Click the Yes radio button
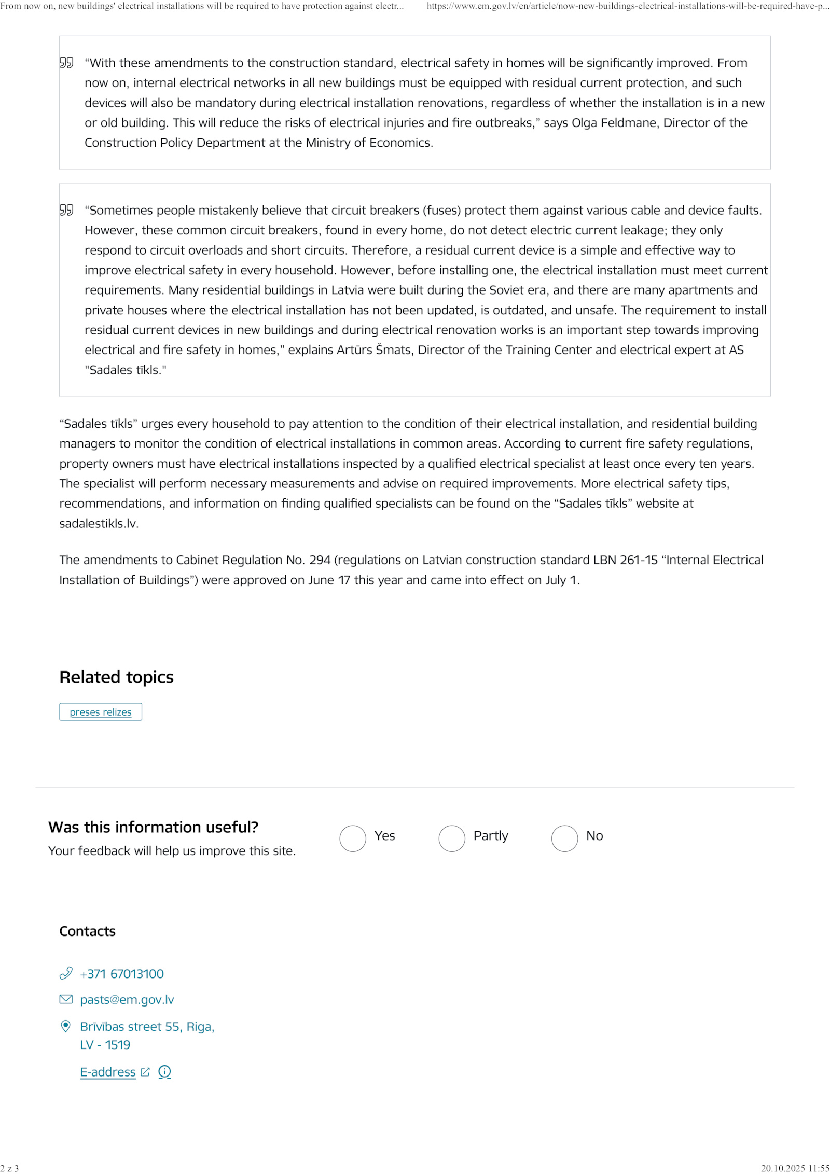click(352, 838)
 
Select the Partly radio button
click(451, 838)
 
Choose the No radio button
click(564, 838)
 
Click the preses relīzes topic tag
click(101, 712)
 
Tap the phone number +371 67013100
click(122, 974)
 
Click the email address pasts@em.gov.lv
click(127, 999)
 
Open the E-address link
click(108, 1072)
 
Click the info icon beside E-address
click(164, 1072)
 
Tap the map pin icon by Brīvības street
click(66, 1026)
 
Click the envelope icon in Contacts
click(66, 999)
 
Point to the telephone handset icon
click(66, 973)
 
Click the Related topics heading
click(116, 677)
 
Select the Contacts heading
click(87, 931)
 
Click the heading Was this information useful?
click(153, 827)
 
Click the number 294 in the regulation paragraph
click(320, 560)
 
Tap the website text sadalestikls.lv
click(99, 524)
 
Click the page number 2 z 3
click(9, 1168)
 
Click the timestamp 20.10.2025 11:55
click(795, 1168)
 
